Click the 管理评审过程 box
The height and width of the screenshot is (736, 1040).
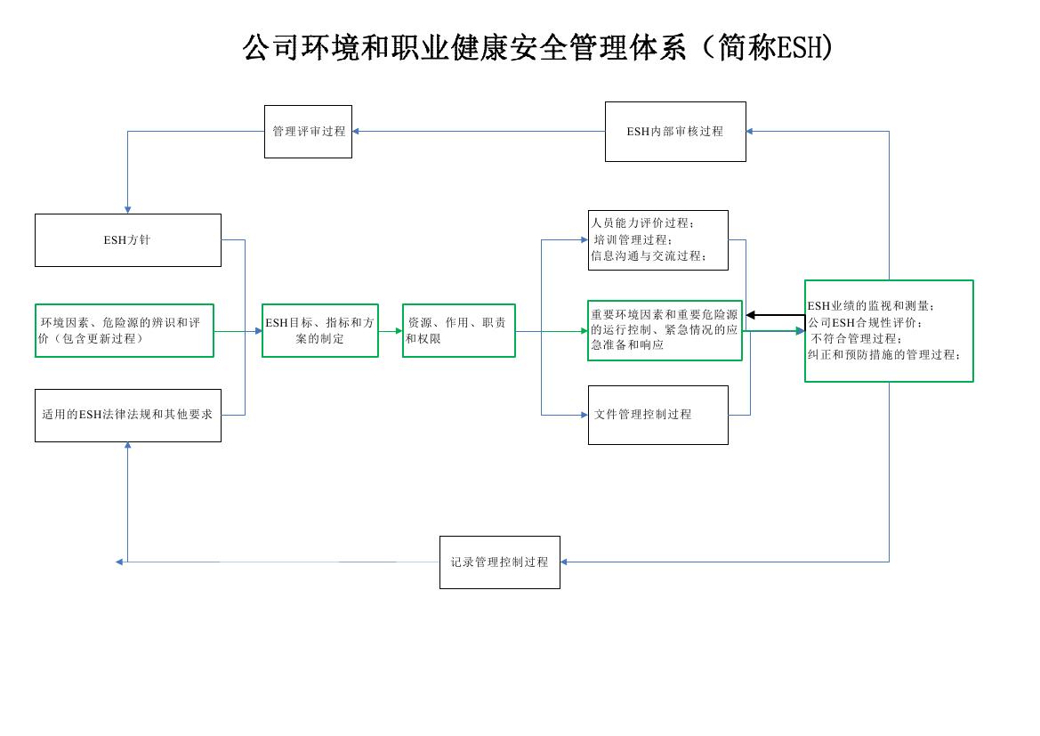(x=308, y=132)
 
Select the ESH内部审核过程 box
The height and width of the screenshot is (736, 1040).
(x=675, y=132)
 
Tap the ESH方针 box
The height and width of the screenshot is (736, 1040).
(x=127, y=240)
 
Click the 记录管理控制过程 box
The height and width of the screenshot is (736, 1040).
(x=499, y=562)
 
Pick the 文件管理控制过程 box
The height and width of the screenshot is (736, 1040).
(x=657, y=415)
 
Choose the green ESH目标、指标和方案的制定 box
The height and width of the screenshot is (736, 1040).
(x=320, y=331)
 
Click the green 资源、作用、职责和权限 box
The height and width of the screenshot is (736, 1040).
(x=458, y=331)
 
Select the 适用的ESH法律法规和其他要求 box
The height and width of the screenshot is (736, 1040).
(x=127, y=415)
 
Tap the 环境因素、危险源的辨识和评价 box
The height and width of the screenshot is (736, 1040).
(x=124, y=331)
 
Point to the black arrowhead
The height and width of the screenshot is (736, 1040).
(x=751, y=315)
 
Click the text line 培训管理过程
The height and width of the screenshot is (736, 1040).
(x=633, y=240)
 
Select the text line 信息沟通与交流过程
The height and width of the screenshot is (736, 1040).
(x=649, y=256)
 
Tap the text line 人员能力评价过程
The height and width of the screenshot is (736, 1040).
(x=643, y=223)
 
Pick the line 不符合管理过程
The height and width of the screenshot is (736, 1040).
(x=856, y=338)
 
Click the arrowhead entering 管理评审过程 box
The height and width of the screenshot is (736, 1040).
(x=356, y=132)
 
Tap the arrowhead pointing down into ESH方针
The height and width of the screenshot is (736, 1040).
(x=127, y=209)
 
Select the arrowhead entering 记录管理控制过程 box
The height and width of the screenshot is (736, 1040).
(x=564, y=562)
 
